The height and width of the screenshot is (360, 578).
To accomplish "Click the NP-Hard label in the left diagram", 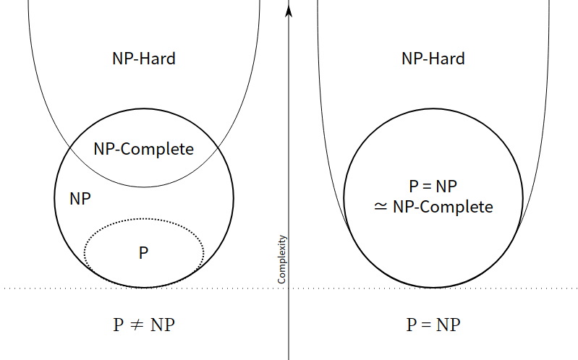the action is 144,59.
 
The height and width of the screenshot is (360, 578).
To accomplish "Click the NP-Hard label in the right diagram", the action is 433,59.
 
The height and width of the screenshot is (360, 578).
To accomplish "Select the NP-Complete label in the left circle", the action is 144,149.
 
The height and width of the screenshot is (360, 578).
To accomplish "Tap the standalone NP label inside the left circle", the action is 80,199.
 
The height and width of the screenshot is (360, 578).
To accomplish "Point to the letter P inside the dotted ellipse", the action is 143,253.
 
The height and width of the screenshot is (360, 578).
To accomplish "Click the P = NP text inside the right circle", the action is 433,187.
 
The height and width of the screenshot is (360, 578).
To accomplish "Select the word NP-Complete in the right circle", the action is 443,207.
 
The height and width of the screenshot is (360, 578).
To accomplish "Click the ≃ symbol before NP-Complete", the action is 381,207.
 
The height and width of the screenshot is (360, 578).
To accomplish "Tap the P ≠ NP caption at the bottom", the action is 144,325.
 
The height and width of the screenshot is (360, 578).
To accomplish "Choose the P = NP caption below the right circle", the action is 433,325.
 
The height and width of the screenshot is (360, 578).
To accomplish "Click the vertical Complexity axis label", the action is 281,260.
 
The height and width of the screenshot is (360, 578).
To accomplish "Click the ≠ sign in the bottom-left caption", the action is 137,325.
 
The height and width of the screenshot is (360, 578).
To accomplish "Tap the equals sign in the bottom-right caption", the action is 426,325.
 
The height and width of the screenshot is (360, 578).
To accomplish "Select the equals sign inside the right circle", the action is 427,187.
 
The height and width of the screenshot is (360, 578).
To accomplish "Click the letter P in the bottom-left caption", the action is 118,325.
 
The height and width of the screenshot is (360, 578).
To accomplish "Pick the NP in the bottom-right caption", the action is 449,325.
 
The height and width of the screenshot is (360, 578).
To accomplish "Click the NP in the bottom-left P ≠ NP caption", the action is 163,325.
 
